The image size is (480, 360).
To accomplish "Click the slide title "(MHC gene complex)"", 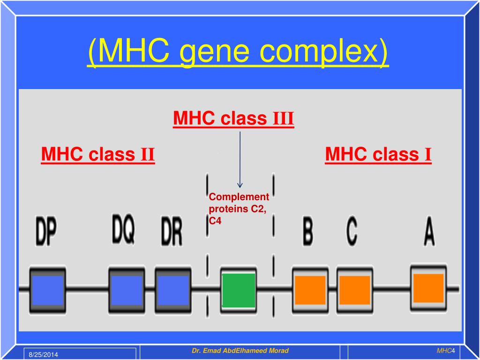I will point(238,52).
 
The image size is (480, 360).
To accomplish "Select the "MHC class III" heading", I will point(233,119).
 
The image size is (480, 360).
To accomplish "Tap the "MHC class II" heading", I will point(98,154).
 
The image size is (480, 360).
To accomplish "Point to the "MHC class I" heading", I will point(378,154).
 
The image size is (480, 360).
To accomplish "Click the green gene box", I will point(239,290).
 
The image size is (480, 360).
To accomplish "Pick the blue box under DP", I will point(47,290).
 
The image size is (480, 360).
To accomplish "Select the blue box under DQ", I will point(126,290).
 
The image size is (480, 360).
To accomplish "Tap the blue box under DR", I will point(172,290).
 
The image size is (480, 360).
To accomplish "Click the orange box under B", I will point(310,290).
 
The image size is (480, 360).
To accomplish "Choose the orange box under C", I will point(354,290).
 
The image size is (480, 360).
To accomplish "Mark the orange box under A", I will point(428,287).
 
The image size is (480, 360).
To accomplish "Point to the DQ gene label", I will point(123,229).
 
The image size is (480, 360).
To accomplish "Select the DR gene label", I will point(171,232).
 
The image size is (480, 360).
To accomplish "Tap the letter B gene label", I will point(307,232).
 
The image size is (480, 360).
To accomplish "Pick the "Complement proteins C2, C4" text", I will point(239,209).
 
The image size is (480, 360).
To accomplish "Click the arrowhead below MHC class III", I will point(240,185).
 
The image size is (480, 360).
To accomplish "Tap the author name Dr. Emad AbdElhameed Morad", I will point(240,351).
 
